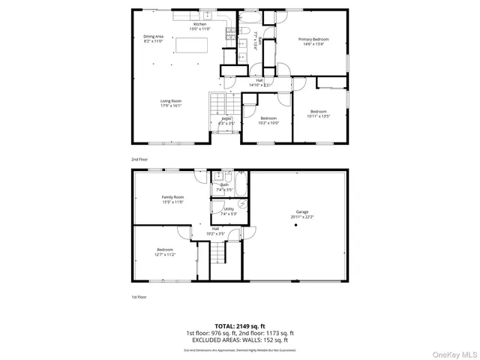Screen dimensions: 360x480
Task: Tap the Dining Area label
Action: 154,38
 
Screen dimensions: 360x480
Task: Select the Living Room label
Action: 171,103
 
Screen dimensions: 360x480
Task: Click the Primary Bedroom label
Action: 313,40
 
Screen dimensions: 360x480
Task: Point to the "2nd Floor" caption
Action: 139,159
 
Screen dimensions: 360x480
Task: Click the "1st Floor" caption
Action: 139,297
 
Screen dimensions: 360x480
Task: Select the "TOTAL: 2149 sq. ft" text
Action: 239,325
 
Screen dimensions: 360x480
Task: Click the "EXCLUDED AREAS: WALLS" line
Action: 239,340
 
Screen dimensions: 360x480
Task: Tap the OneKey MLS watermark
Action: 454,353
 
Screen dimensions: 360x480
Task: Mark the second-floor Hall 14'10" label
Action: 259,82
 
